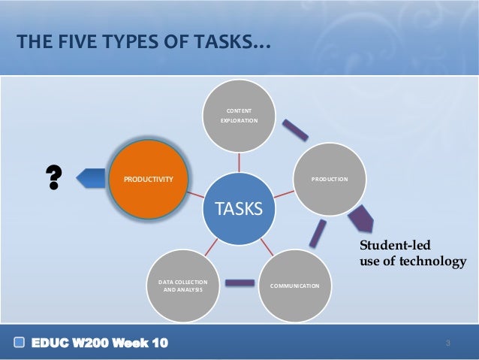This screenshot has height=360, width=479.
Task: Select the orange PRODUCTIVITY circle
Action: coord(146,179)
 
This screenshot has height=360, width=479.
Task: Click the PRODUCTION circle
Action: coord(330,179)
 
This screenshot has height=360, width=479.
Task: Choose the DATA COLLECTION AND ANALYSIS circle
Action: coord(183,286)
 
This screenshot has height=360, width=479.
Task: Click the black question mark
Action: coord(54,178)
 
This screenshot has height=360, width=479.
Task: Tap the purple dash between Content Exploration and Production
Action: coord(294,130)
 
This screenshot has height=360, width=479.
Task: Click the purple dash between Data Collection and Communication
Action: coord(239,283)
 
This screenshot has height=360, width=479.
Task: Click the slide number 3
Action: coord(447,344)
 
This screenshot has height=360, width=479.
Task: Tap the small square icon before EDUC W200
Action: coord(19,343)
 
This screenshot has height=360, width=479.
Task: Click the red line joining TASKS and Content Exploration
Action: coord(239,162)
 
